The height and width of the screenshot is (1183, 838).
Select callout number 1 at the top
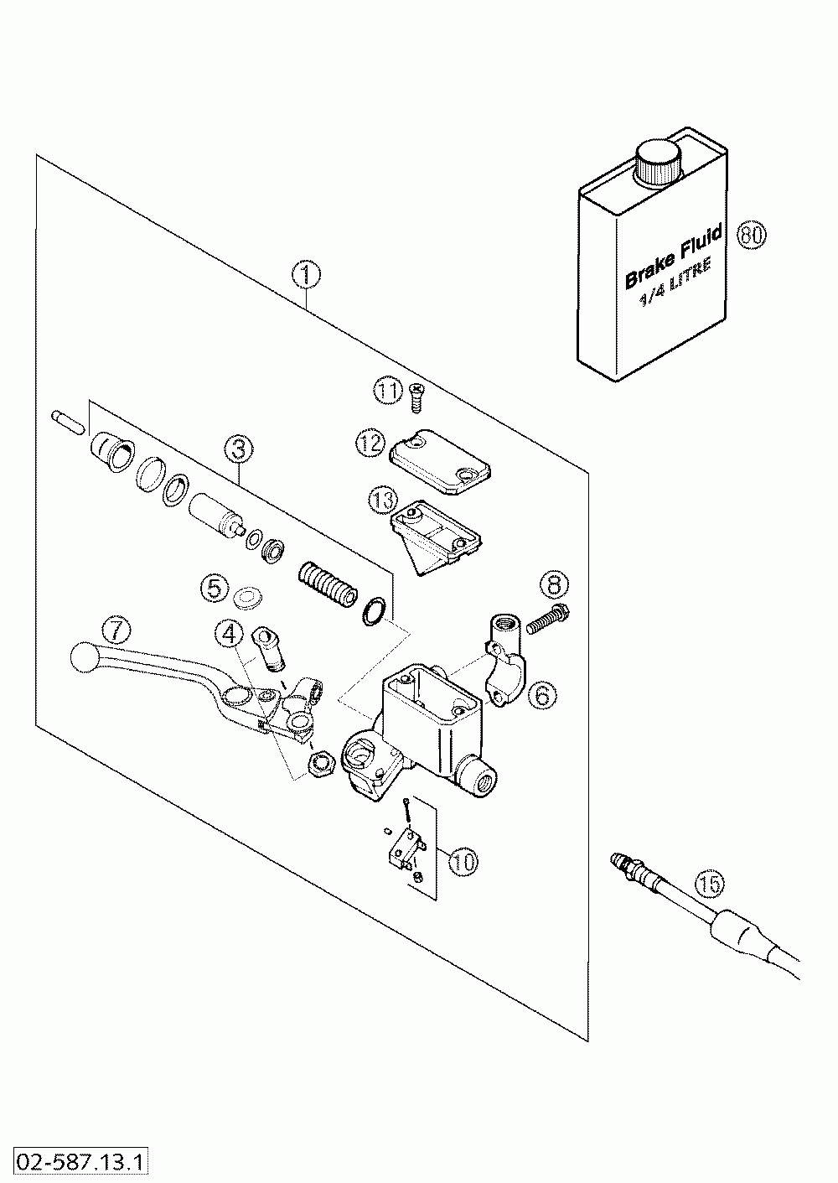click(x=307, y=276)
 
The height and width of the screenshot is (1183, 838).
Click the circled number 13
click(x=381, y=501)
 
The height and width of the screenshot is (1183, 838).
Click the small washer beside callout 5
click(x=248, y=598)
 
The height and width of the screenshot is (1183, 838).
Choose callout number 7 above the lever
click(x=116, y=630)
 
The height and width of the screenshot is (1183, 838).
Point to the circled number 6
click(x=543, y=695)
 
